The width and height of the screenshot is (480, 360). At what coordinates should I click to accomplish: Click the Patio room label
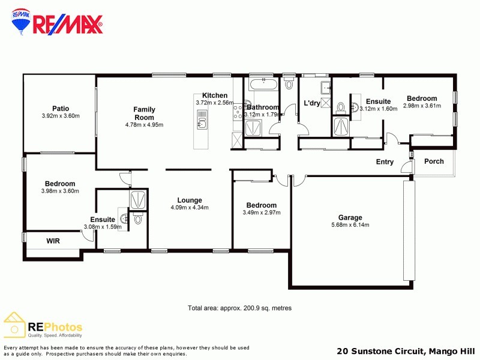[x=61, y=109]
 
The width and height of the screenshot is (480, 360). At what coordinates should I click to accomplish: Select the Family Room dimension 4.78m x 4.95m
[x=144, y=125]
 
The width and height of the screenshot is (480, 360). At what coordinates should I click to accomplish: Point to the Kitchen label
[x=214, y=95]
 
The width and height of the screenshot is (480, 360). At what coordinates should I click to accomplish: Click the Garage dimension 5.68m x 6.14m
[x=350, y=225]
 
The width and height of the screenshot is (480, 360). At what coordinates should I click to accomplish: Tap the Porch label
[x=434, y=161]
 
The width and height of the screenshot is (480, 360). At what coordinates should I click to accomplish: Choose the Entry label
[x=385, y=162]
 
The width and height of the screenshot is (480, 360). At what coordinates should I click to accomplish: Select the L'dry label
[x=312, y=103]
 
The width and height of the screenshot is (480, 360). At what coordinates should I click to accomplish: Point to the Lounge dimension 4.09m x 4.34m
[x=189, y=208]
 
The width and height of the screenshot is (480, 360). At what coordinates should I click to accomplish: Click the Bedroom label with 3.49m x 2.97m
[x=261, y=205]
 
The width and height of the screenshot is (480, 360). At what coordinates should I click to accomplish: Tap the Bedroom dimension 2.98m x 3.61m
[x=422, y=106]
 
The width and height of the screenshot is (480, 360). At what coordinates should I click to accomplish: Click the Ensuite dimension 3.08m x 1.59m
[x=103, y=227]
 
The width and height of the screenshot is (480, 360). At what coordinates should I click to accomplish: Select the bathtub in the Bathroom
[x=262, y=85]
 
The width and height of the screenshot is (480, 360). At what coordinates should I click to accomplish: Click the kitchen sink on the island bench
[x=202, y=124]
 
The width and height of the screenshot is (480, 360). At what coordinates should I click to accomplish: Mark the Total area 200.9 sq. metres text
[x=239, y=308]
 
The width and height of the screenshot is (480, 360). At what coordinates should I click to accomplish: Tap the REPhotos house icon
[x=14, y=325]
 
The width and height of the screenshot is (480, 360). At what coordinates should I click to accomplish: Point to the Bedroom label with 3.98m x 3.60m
[x=60, y=184]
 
